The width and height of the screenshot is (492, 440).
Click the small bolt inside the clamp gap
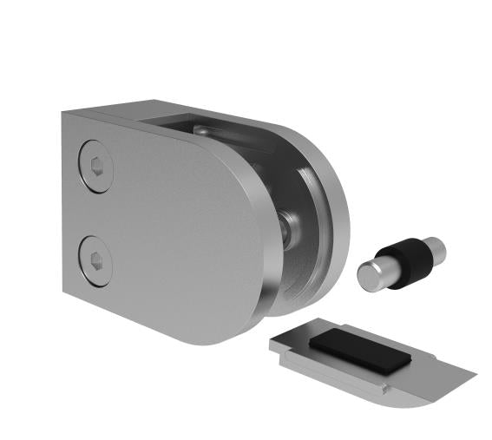(x=290, y=227)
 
